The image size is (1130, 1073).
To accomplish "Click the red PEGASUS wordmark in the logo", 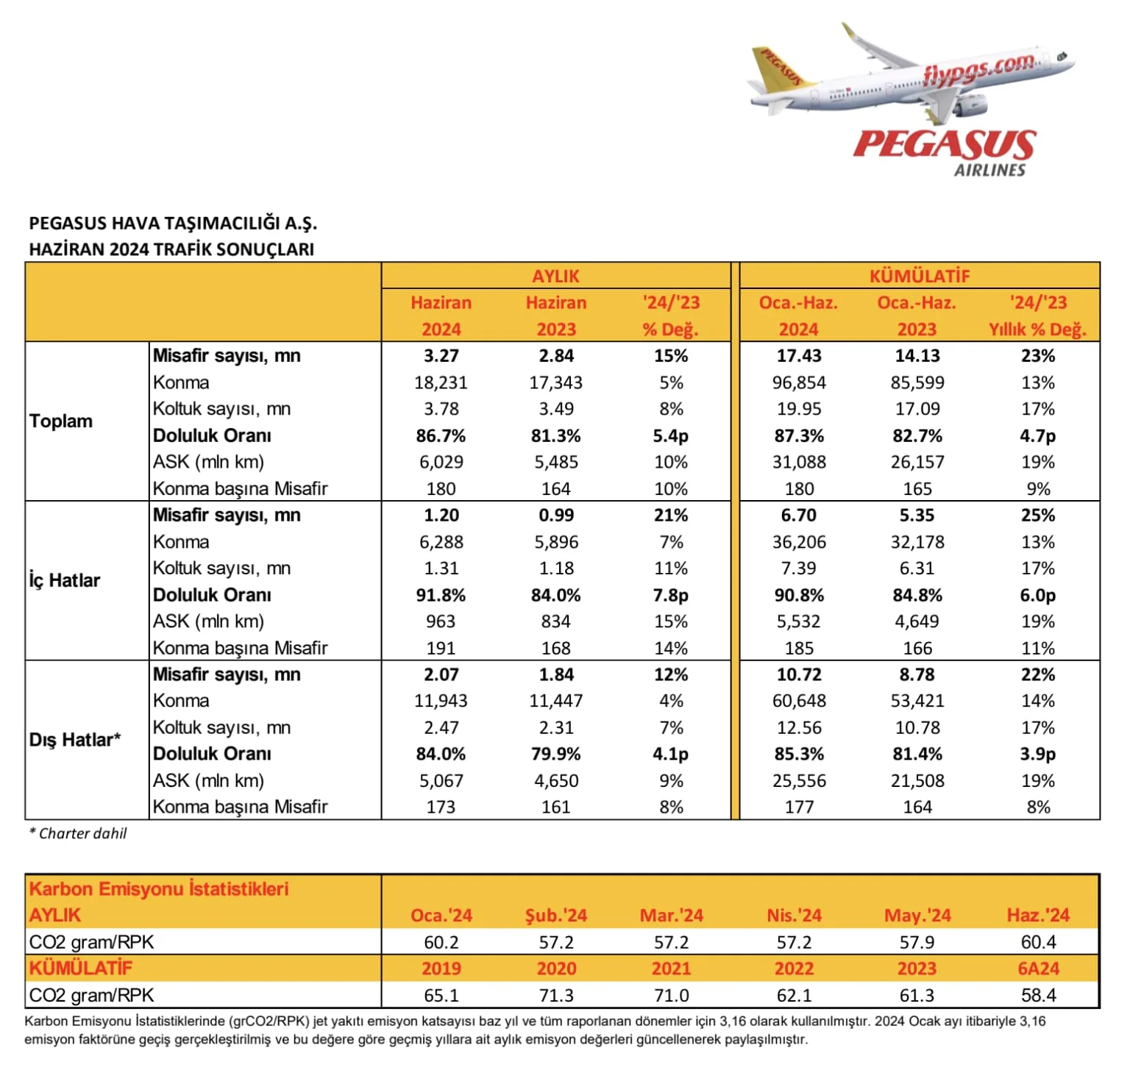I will (x=944, y=144).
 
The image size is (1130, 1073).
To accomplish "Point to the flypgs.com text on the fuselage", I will (x=978, y=68).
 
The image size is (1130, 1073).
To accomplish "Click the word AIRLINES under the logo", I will (x=989, y=170).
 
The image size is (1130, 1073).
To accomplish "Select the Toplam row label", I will (x=61, y=421).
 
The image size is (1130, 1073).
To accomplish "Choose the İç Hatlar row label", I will (x=65, y=580).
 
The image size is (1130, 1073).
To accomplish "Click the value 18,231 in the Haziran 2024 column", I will (x=441, y=382).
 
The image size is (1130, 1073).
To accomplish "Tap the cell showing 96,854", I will (x=799, y=382).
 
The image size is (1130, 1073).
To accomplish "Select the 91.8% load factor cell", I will (x=441, y=595).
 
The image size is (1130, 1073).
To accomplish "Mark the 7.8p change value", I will (x=670, y=595).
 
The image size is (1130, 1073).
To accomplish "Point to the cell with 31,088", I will (x=799, y=462).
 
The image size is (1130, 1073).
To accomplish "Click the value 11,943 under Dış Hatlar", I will (x=441, y=701).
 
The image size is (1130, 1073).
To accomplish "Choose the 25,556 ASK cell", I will (x=799, y=780).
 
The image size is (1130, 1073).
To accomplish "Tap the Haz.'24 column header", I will (x=1038, y=916).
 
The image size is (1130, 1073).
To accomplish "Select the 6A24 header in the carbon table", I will (x=1038, y=969).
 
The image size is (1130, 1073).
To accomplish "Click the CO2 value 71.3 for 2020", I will (x=556, y=995).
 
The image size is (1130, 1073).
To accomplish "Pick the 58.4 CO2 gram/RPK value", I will (x=1038, y=995).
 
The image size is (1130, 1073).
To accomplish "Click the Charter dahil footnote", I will (x=78, y=833).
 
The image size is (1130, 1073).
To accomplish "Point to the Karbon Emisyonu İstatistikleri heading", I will (x=159, y=889).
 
